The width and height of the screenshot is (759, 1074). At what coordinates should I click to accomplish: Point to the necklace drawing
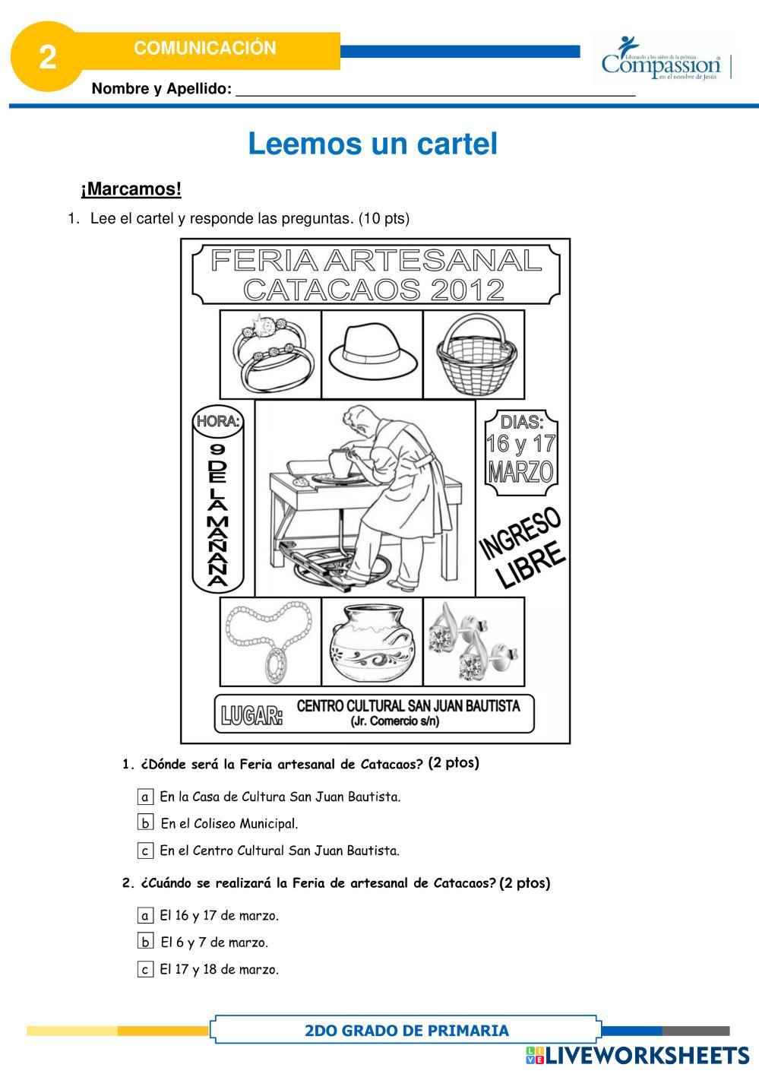point(270,640)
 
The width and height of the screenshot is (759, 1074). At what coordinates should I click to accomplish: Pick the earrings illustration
point(473,640)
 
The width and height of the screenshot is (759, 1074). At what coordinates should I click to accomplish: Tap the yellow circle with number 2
point(47,57)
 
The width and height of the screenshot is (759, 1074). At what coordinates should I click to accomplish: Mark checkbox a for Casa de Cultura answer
point(146,797)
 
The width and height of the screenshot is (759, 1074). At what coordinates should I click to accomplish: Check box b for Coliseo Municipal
point(146,822)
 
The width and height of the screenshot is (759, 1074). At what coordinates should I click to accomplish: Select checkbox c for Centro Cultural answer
point(146,851)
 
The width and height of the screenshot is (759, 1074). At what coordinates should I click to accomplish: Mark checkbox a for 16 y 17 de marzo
point(146,915)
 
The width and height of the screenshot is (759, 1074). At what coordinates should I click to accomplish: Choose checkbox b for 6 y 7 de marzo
point(146,942)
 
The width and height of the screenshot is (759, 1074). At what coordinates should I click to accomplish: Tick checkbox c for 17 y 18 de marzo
point(146,969)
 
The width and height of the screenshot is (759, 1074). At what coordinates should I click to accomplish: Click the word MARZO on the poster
point(520,471)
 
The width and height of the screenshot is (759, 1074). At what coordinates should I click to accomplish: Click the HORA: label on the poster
point(218,421)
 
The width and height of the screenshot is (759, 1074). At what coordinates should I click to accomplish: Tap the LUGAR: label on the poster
point(251,715)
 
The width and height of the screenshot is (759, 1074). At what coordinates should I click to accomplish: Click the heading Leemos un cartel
point(372,144)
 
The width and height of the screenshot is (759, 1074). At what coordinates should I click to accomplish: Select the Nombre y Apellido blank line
point(435,90)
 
